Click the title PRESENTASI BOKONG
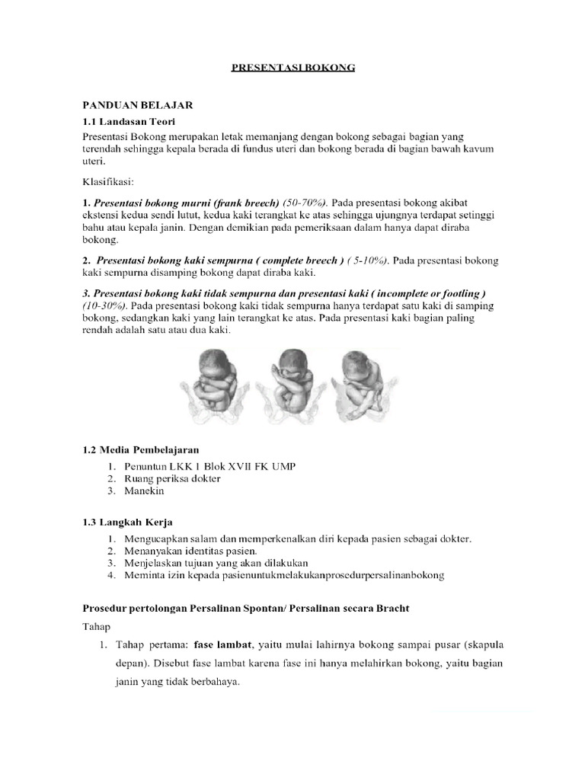[x=293, y=68]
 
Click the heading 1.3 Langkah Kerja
[x=127, y=522]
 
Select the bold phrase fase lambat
[x=221, y=644]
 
